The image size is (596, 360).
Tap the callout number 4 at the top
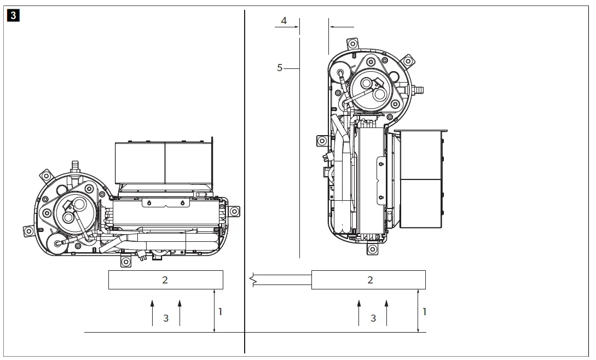click(x=283, y=21)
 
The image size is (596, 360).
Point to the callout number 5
click(x=280, y=68)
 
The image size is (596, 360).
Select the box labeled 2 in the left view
click(x=165, y=280)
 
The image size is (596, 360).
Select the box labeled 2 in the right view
click(x=368, y=280)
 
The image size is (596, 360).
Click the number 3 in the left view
click(x=166, y=318)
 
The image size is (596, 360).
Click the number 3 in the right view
click(x=373, y=318)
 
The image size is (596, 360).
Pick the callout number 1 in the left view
click(x=221, y=311)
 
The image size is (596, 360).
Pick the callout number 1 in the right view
click(x=424, y=311)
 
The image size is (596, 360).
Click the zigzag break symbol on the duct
click(x=253, y=280)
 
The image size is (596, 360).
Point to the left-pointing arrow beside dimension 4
click(x=341, y=26)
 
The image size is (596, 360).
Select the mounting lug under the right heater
click(x=372, y=249)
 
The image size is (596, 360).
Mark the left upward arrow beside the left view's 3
click(x=153, y=312)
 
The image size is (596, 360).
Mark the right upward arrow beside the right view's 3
click(x=386, y=312)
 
